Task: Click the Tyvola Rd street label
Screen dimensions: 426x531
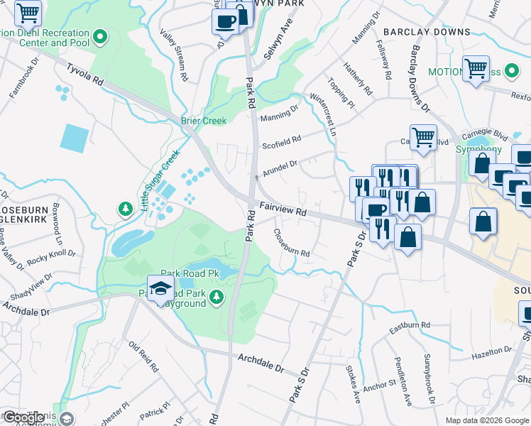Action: click(x=84, y=73)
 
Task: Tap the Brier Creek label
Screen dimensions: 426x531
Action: click(x=203, y=121)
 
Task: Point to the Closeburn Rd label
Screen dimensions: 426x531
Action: click(x=292, y=243)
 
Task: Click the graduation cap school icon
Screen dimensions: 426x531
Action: click(x=161, y=288)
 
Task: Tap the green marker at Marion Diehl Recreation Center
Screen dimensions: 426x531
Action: click(x=101, y=36)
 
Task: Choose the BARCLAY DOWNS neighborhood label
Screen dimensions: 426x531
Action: click(x=427, y=32)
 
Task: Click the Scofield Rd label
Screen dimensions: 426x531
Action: click(x=282, y=139)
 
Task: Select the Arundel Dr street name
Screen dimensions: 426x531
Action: click(x=280, y=167)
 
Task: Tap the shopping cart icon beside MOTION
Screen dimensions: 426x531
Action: click(x=476, y=69)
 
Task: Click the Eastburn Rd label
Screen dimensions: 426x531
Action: click(x=410, y=327)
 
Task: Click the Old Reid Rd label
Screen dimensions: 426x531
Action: click(x=143, y=356)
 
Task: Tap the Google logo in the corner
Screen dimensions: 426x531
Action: click(x=23, y=417)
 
